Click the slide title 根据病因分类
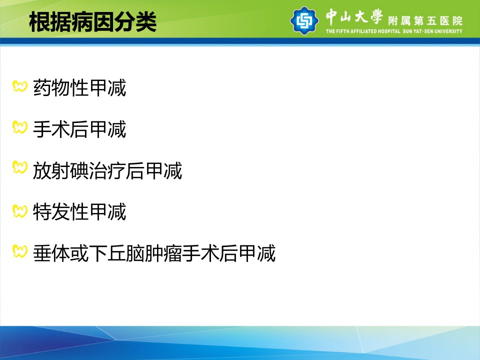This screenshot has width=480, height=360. coord(93,21)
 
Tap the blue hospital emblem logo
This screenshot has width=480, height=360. coord(304,20)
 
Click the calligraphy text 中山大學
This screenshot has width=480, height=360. coord(354,16)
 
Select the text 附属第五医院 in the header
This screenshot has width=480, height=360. coord(425,21)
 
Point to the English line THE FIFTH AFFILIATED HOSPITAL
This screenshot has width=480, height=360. coord(363,31)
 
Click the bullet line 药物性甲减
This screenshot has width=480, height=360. coord(79,88)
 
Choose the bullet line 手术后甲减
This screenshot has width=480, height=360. coord(79,129)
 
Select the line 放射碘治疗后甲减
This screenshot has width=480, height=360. coord(107,170)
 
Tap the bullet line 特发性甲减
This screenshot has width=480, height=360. coord(79,212)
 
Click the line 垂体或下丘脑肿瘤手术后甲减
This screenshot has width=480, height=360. coord(154,253)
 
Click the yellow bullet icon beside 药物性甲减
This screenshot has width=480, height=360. coord(20,86)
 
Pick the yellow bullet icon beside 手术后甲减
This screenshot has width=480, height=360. coord(20,127)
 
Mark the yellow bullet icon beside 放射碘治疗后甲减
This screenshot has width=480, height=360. coord(20,167)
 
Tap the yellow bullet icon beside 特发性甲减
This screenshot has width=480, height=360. coord(20,211)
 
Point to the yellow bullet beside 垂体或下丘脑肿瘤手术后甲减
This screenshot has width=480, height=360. coord(20,251)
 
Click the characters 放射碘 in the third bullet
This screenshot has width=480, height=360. coord(61,170)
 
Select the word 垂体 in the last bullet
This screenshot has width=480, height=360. coord(51,253)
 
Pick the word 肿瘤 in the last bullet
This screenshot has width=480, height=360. coord(163,253)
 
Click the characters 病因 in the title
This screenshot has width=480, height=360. coord(93,21)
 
